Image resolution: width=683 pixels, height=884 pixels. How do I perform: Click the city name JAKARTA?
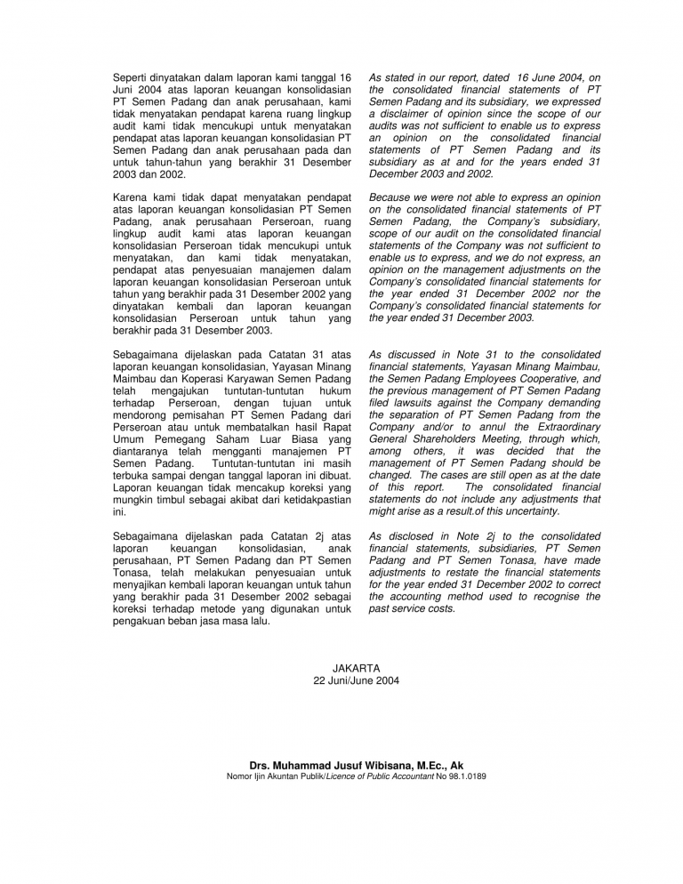356,667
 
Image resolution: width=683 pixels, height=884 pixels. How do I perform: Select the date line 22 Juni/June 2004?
356,680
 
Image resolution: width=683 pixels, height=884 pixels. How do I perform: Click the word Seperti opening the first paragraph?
134,78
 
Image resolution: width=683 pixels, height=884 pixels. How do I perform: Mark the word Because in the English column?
390,197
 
